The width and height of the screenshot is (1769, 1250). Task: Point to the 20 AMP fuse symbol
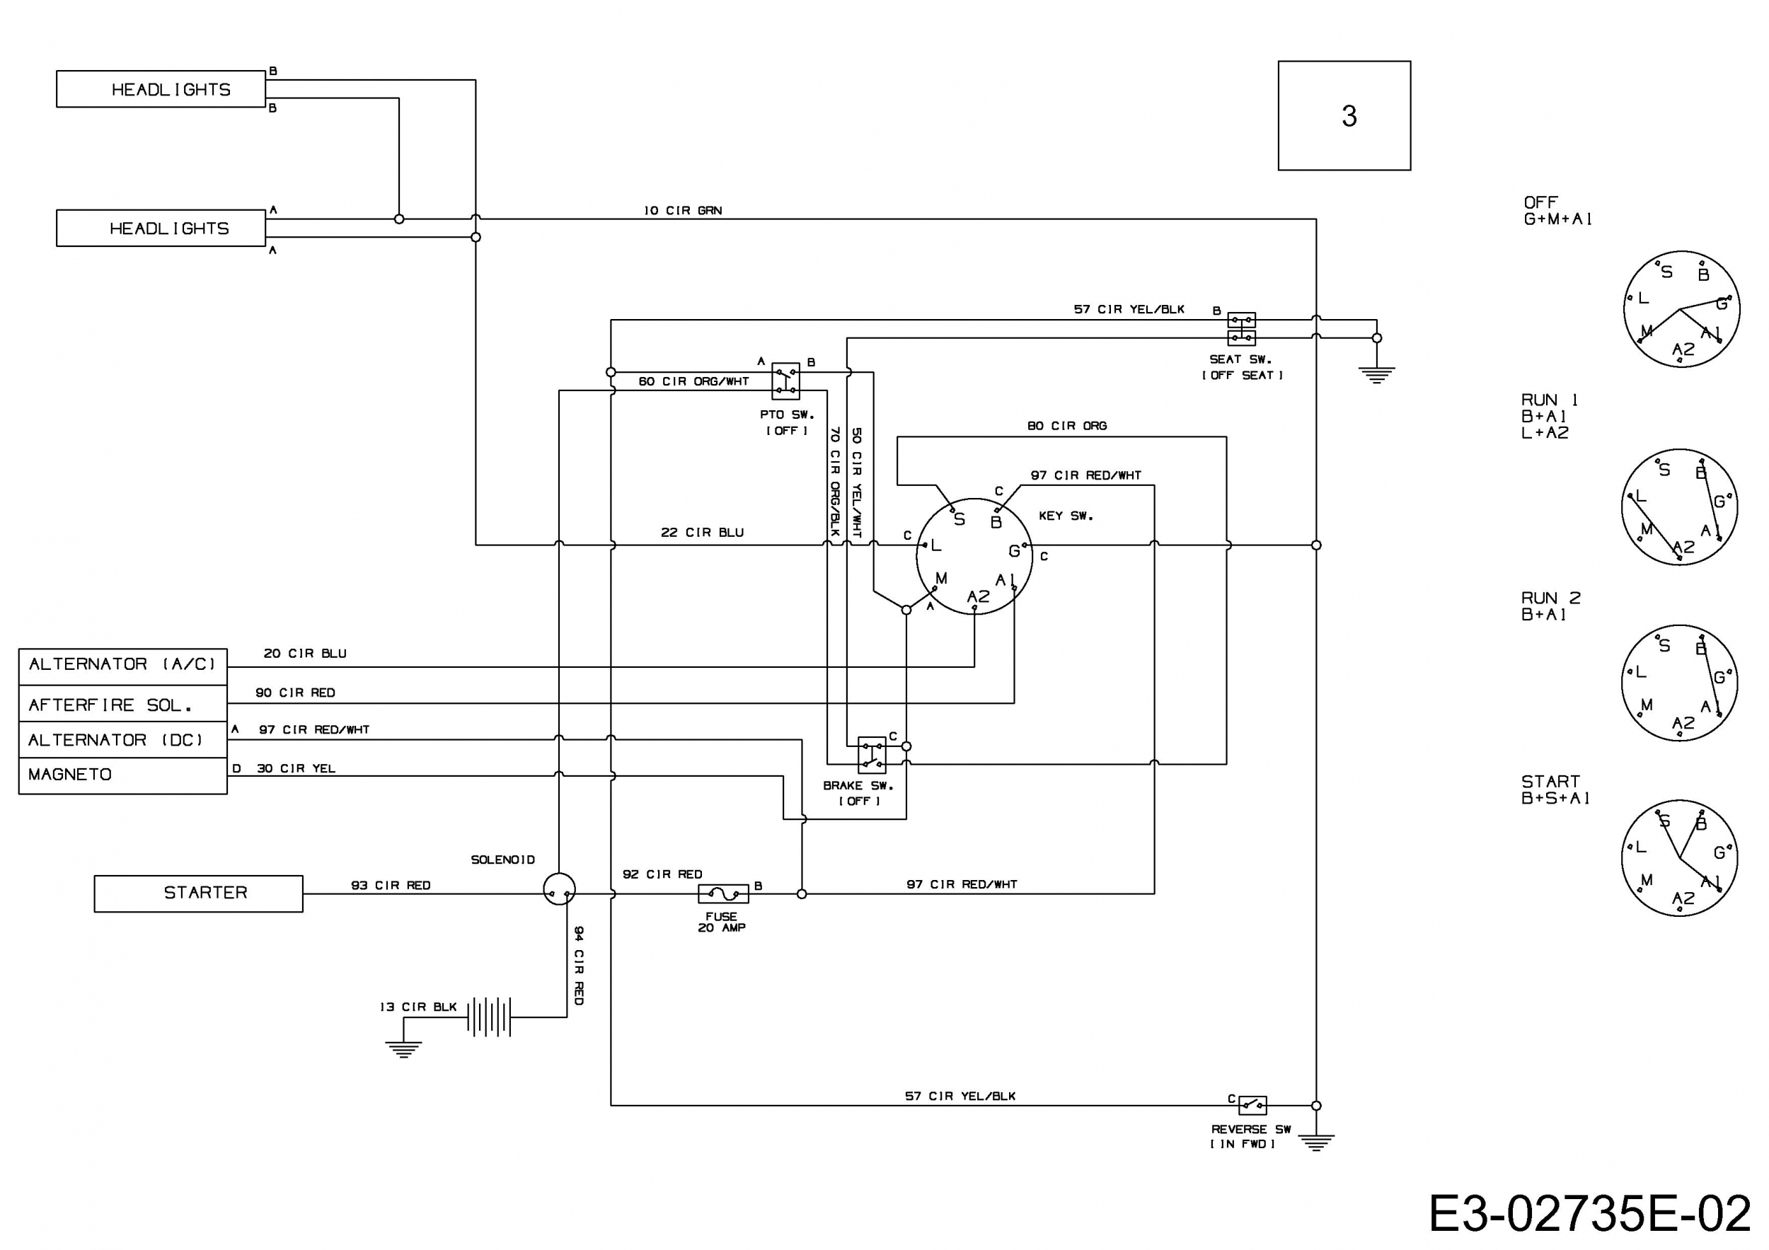(x=722, y=893)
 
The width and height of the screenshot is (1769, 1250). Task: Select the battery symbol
(x=488, y=1017)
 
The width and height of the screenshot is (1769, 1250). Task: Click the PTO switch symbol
(x=786, y=381)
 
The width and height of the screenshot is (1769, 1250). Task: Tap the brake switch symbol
(x=871, y=755)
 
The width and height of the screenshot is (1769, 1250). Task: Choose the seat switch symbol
(x=1241, y=329)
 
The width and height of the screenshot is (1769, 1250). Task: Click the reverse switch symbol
(x=1252, y=1105)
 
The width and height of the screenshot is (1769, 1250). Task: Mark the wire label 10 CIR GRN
(x=683, y=210)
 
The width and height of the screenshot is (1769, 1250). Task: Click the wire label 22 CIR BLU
(x=702, y=532)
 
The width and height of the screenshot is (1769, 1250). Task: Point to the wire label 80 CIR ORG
(x=1066, y=425)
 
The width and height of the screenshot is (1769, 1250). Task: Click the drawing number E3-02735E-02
(x=1589, y=1215)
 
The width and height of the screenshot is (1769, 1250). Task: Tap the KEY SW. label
(x=1066, y=515)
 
